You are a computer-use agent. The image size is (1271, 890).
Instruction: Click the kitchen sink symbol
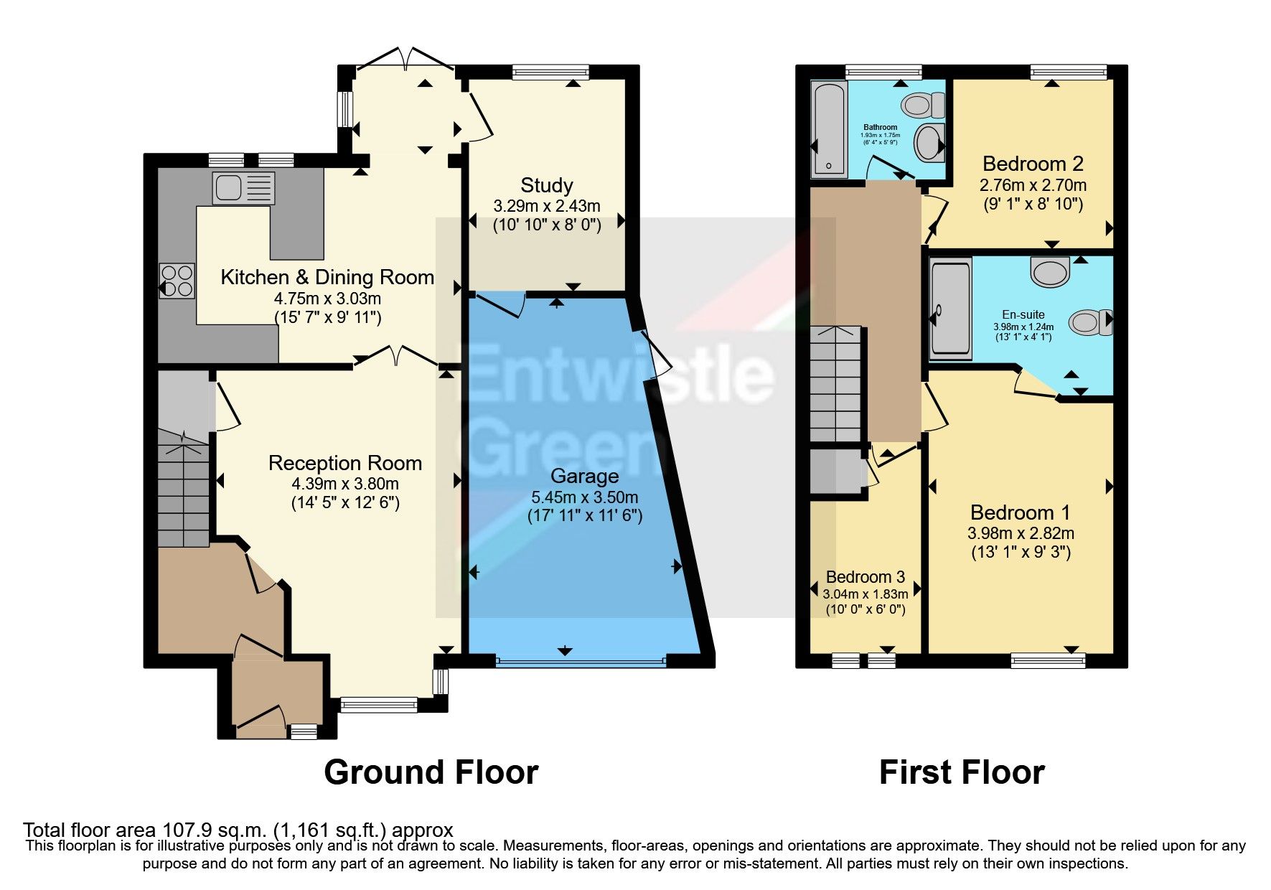243,187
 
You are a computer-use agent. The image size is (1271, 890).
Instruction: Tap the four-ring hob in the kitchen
177,281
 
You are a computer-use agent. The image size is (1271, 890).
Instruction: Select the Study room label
547,185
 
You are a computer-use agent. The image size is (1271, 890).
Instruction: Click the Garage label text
584,476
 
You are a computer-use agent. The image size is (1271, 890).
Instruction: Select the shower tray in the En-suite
950,309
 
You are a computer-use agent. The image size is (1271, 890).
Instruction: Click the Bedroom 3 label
865,576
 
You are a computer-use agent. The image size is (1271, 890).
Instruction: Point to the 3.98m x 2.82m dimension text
1021,533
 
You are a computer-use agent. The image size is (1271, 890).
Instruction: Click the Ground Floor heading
431,772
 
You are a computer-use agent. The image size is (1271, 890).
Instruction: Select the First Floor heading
961,772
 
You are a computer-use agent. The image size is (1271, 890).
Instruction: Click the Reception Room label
344,463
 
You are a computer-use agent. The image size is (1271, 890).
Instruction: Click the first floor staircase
835,384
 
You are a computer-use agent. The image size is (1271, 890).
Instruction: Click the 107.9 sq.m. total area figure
213,830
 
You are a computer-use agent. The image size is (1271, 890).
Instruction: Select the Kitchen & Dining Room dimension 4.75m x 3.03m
327,298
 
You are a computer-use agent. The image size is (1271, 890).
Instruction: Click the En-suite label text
1023,314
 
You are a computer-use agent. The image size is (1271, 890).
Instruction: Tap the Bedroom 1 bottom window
1048,659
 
